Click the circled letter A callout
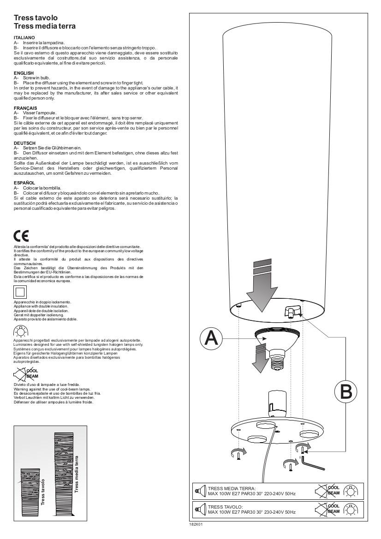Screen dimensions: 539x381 (211, 338)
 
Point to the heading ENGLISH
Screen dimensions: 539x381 (24, 73)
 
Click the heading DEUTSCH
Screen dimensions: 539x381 (24, 143)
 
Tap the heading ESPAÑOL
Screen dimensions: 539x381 (24, 182)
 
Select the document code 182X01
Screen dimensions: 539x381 (196, 524)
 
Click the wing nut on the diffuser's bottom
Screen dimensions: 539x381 (292, 312)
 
